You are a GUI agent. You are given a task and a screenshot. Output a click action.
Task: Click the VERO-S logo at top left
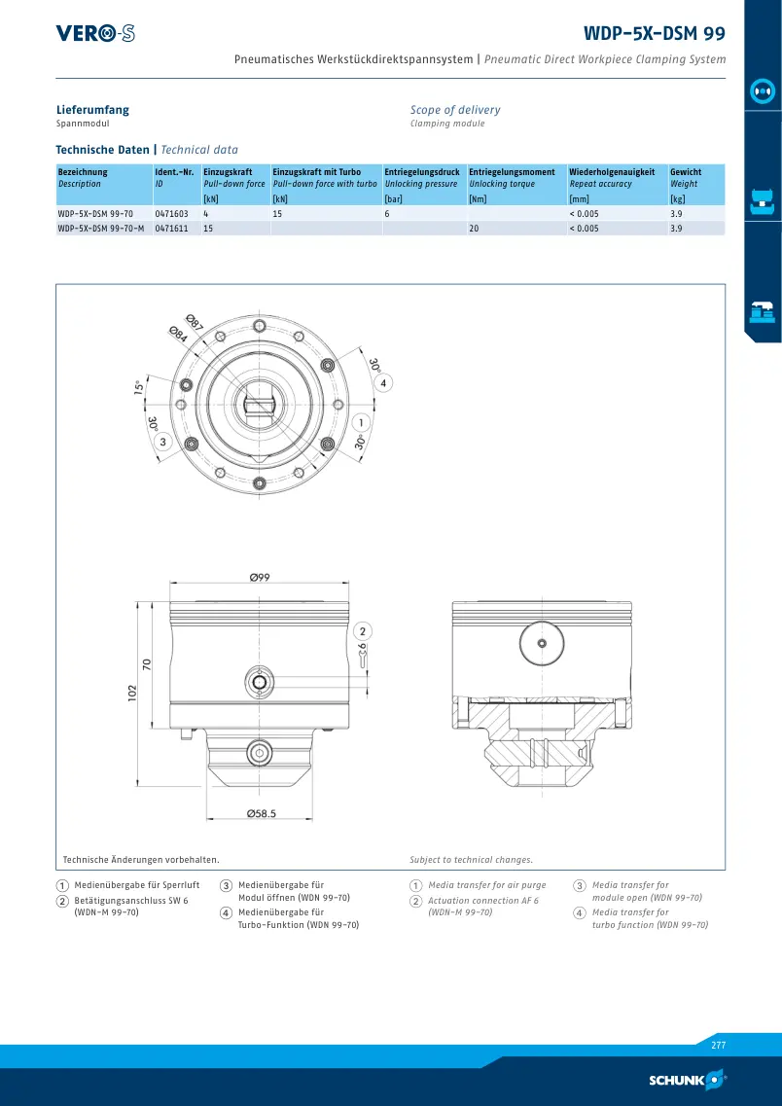pos(95,33)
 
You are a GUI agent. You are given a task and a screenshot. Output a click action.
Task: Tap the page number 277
pos(718,1046)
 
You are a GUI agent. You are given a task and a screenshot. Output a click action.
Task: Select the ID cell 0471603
pos(171,213)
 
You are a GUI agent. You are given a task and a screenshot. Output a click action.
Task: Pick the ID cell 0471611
pos(171,229)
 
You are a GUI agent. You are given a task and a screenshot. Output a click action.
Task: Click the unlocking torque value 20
pos(474,229)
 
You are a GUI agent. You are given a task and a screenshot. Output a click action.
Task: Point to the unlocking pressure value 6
pos(387,213)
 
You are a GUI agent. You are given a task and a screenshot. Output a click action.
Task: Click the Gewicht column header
pos(686,171)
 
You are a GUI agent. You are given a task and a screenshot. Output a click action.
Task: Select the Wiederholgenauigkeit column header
pos(612,171)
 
